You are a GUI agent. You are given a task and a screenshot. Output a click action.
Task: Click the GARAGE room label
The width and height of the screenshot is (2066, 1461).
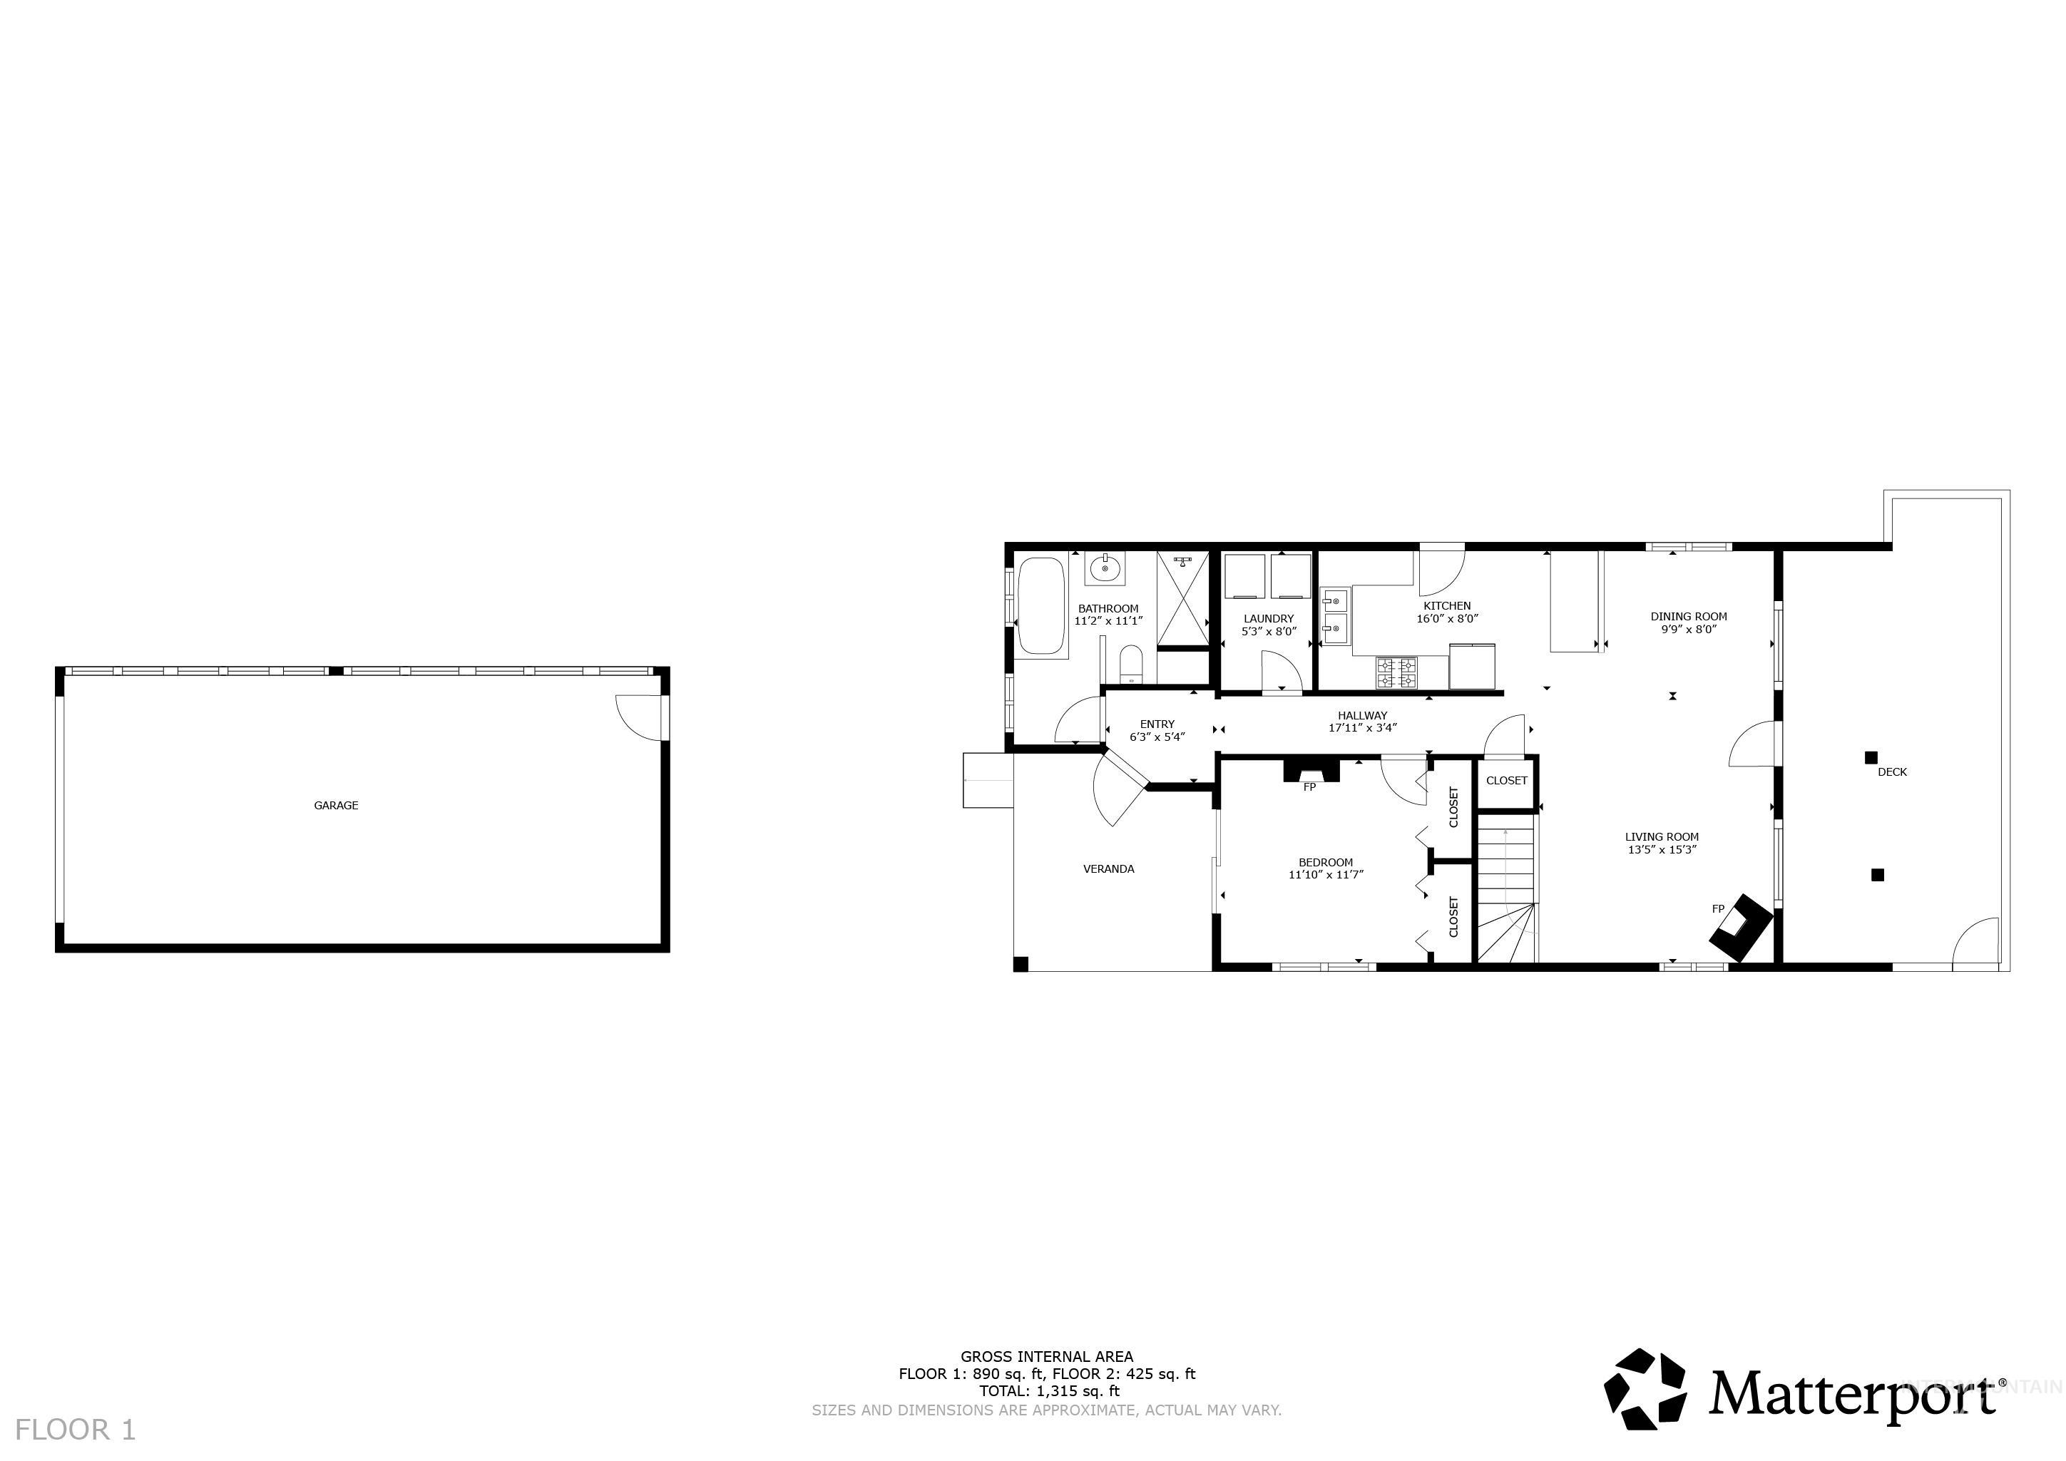(336, 805)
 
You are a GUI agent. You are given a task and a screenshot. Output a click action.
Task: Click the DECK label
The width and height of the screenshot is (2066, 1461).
(1891, 772)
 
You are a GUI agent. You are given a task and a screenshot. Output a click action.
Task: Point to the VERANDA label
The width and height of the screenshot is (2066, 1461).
(1108, 869)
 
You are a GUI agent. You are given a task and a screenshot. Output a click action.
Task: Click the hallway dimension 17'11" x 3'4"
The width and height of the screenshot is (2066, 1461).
(1362, 728)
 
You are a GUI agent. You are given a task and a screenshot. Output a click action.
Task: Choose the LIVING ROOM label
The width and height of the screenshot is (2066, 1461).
(1661, 836)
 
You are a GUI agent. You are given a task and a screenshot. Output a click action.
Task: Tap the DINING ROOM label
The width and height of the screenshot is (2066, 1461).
(1688, 616)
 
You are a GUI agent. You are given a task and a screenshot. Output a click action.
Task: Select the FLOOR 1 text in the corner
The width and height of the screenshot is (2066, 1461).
(76, 1430)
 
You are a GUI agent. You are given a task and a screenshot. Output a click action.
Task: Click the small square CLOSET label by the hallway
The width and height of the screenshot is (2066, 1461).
(1506, 780)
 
